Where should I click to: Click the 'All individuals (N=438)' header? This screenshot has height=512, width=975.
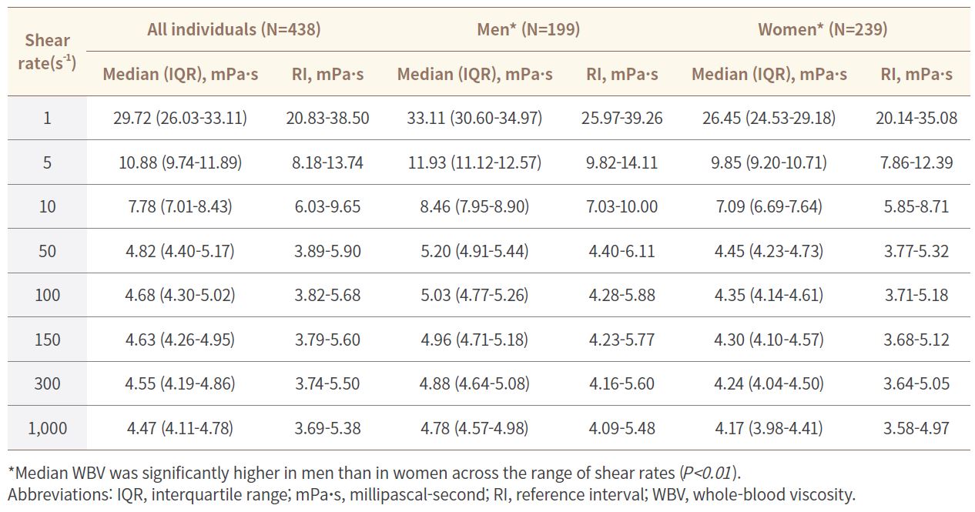[x=234, y=29]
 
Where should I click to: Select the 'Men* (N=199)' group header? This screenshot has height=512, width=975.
[x=528, y=29]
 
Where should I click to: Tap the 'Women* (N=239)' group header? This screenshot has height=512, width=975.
[x=823, y=29]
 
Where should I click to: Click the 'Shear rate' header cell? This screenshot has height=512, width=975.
[x=47, y=52]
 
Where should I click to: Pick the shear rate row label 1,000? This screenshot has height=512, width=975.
[x=48, y=428]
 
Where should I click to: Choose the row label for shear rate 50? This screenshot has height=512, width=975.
[x=48, y=251]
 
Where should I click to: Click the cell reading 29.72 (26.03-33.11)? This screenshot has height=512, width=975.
[x=180, y=118]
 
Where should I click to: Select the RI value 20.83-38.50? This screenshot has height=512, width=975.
[x=327, y=118]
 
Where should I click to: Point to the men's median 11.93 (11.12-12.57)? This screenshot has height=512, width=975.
[x=475, y=162]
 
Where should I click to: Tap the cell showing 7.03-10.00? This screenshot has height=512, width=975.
[x=622, y=206]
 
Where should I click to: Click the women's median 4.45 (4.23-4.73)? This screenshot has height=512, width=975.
[x=769, y=251]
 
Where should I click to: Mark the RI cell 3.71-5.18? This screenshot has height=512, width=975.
[x=916, y=295]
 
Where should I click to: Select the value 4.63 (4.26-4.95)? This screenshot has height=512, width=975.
[x=180, y=340]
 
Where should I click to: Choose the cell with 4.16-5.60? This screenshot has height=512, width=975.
[x=622, y=383]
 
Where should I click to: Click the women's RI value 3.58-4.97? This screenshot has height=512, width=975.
[x=916, y=428]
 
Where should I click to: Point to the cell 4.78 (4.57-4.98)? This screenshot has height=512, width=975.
[x=475, y=428]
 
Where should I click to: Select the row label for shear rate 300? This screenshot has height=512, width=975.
[x=48, y=383]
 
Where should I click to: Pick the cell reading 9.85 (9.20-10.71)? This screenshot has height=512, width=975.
[x=769, y=162]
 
